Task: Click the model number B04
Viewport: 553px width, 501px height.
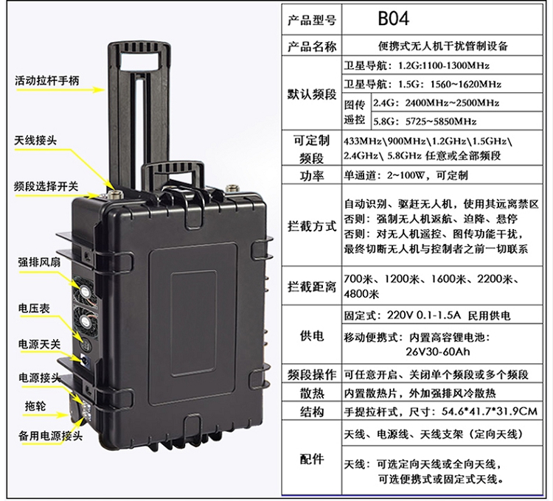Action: pos(393,17)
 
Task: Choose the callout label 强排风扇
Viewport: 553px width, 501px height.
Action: pos(34,262)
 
